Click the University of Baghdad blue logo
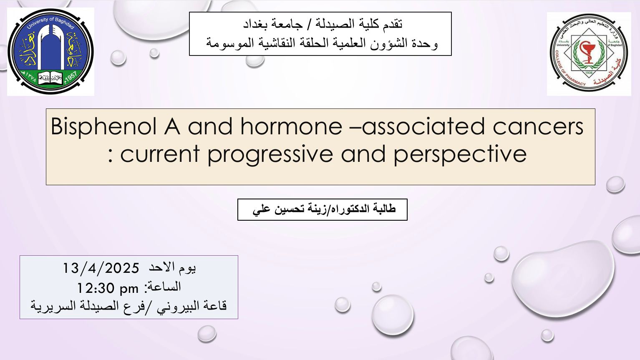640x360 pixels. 50,52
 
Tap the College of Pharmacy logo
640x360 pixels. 589,53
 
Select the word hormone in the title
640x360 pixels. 291,126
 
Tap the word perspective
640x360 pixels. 460,155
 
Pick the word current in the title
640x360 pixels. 159,154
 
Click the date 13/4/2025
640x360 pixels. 101,268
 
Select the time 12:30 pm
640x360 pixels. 108,288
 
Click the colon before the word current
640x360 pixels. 111,156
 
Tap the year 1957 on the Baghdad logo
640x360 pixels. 71,77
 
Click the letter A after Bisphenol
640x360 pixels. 172,126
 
